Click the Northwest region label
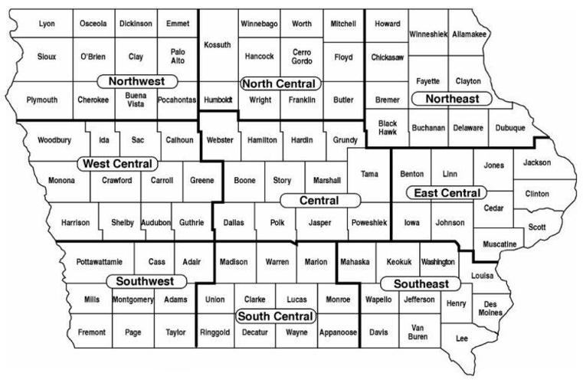coord(138,81)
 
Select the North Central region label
coord(280,83)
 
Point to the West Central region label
coord(118,164)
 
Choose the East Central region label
coord(447,193)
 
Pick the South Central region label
coord(275,316)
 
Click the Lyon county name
coord(46,25)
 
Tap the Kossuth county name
coord(218,45)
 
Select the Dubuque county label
coord(509,128)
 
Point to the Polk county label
coord(277,223)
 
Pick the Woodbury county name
coord(54,140)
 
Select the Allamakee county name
coord(470,34)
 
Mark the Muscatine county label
coord(499,244)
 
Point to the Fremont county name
coord(92,332)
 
